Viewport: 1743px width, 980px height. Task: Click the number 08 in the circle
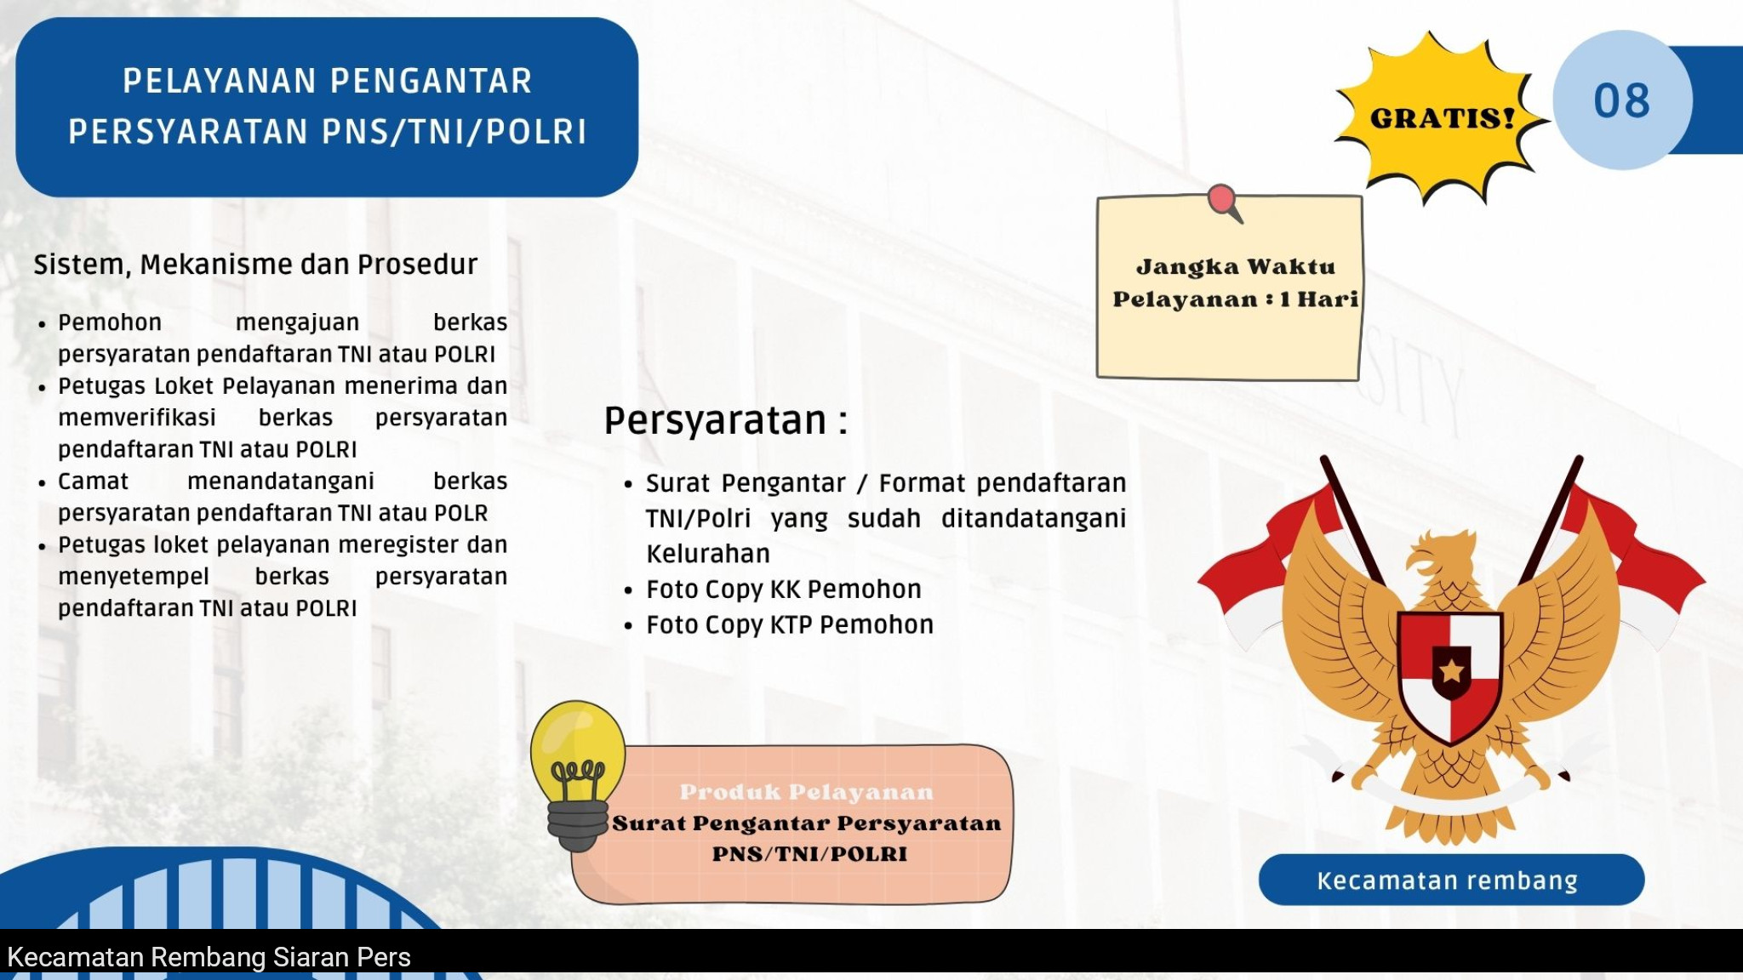coord(1621,101)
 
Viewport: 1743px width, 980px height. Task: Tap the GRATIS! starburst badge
coord(1441,117)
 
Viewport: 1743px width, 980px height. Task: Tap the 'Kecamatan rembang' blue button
coord(1451,880)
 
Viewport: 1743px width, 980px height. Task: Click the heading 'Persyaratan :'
coord(726,421)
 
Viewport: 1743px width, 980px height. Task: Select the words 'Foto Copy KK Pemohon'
coord(783,589)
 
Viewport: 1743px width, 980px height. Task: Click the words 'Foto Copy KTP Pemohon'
coord(789,624)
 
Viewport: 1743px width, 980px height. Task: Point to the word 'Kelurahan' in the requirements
coord(708,554)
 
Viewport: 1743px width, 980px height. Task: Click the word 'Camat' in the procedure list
coord(93,481)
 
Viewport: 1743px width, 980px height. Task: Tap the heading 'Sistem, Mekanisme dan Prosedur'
coord(255,265)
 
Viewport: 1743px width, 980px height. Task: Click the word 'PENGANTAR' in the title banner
coord(430,82)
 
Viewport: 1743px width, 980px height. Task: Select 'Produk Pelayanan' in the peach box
coord(806,792)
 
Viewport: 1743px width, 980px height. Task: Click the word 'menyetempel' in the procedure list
coord(134,577)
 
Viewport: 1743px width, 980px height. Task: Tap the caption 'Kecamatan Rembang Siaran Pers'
coord(209,957)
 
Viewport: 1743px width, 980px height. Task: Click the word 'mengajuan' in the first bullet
coord(297,323)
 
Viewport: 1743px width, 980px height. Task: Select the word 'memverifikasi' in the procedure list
coord(137,418)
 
